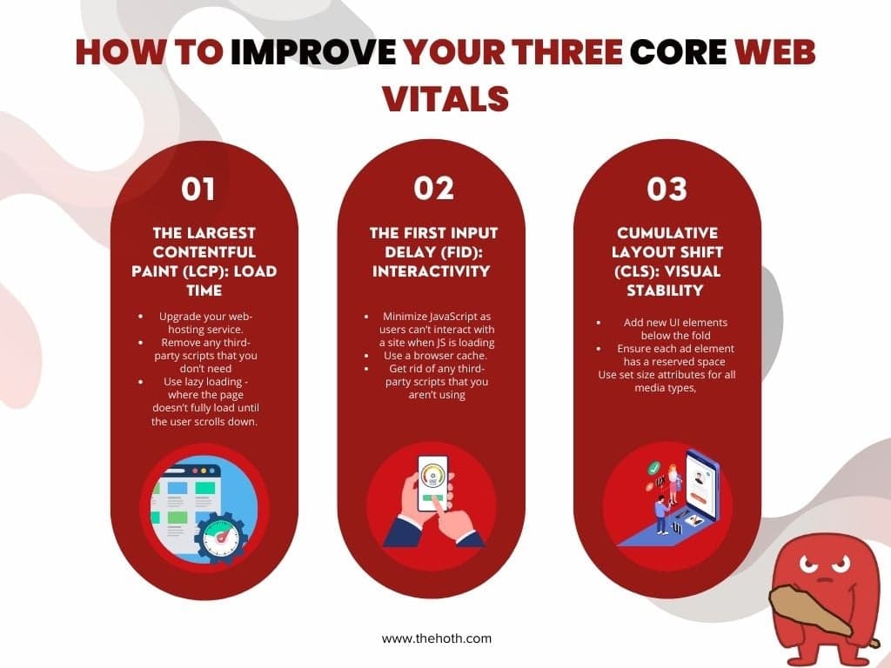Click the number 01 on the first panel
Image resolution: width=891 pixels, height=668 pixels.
198,190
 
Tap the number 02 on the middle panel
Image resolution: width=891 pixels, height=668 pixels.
433,190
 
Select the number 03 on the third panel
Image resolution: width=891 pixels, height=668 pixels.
667,190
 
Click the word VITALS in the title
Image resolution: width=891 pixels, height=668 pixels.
445,97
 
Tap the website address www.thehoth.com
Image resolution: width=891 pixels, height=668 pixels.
437,638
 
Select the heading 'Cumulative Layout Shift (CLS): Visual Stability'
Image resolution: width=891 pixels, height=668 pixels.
667,261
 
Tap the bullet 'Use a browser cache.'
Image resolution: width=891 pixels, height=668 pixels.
435,357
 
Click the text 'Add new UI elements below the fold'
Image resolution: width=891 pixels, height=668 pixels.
674,329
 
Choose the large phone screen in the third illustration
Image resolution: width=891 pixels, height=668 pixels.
701,484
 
